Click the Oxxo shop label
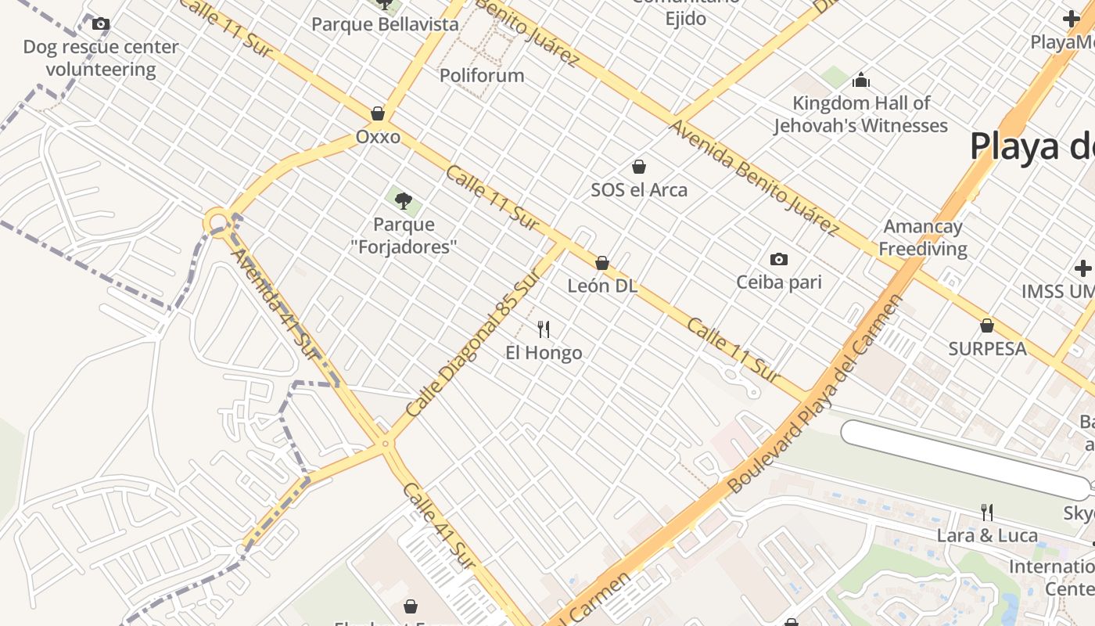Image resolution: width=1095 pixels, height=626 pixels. [x=378, y=137]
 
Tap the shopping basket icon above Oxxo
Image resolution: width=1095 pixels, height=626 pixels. [x=378, y=113]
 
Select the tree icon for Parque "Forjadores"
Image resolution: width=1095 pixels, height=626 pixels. [x=404, y=201]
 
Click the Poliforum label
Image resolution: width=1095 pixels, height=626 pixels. [x=482, y=76]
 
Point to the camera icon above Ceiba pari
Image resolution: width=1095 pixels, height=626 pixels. [x=779, y=259]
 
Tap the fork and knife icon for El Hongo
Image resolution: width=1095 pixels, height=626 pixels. [x=544, y=329]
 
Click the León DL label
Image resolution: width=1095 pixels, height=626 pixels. [x=602, y=286]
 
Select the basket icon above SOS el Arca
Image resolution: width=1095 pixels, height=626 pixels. [x=639, y=167]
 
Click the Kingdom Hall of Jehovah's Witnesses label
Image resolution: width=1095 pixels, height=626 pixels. [x=861, y=114]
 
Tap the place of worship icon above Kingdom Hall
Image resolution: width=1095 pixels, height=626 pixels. [x=861, y=80]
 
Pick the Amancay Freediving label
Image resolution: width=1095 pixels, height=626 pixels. [x=923, y=238]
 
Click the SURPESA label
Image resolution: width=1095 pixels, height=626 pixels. [x=987, y=349]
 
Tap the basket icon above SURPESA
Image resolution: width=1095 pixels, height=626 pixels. [x=987, y=325]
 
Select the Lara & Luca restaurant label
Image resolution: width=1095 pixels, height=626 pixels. [x=987, y=536]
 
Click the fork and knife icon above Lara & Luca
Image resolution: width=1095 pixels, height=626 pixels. [x=987, y=513]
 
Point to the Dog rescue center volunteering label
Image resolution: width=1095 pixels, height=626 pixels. [x=101, y=58]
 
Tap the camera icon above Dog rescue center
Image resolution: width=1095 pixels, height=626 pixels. [x=101, y=24]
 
